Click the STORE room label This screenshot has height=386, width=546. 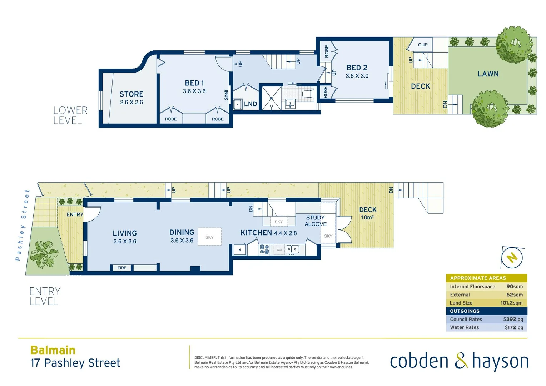click(x=131, y=94)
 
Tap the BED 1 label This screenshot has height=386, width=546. click(x=194, y=83)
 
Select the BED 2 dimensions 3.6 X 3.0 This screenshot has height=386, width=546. click(x=357, y=76)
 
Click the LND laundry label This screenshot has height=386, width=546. click(x=250, y=104)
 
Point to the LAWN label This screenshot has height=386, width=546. click(x=488, y=74)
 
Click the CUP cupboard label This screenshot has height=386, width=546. click(x=423, y=45)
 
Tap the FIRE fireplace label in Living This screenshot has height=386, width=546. click(x=122, y=268)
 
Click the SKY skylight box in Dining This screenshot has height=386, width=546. click(x=210, y=237)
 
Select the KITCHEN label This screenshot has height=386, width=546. click(x=256, y=233)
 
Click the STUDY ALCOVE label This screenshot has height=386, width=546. click(x=316, y=221)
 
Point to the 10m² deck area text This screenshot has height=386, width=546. click(x=367, y=217)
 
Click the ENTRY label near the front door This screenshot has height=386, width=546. click(x=75, y=214)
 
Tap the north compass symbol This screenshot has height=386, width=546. click(x=512, y=257)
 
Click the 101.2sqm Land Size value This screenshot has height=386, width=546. click(x=511, y=303)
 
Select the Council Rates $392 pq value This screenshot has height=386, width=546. click(x=513, y=319)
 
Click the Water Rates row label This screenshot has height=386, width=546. click(x=464, y=327)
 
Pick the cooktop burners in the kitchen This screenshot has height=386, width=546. click(x=264, y=249)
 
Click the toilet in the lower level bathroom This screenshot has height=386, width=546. click(x=307, y=94)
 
